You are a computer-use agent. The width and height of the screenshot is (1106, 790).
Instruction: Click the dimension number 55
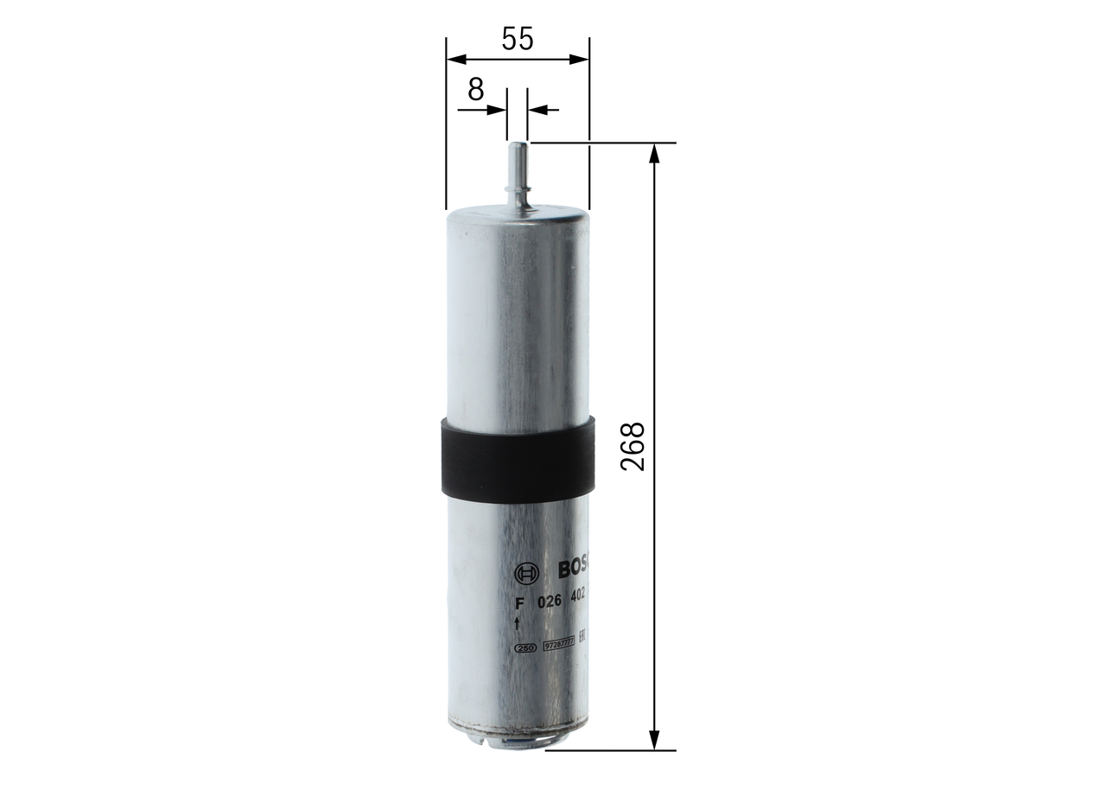pyautogui.click(x=518, y=39)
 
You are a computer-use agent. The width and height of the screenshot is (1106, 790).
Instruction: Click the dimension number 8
pyautogui.click(x=475, y=89)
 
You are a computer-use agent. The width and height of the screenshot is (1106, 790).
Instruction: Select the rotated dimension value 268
pyautogui.click(x=633, y=446)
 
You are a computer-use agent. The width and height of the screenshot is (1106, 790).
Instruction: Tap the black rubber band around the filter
pyautogui.click(x=517, y=459)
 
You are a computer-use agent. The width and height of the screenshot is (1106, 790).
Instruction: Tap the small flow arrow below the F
pyautogui.click(x=517, y=624)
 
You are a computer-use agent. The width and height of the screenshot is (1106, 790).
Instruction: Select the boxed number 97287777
pyautogui.click(x=558, y=645)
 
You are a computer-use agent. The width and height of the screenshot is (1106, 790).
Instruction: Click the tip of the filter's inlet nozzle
pyautogui.click(x=517, y=146)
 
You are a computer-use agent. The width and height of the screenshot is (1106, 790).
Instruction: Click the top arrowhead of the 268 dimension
pyautogui.click(x=654, y=153)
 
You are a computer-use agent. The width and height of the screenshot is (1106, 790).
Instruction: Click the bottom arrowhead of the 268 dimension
pyautogui.click(x=654, y=740)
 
